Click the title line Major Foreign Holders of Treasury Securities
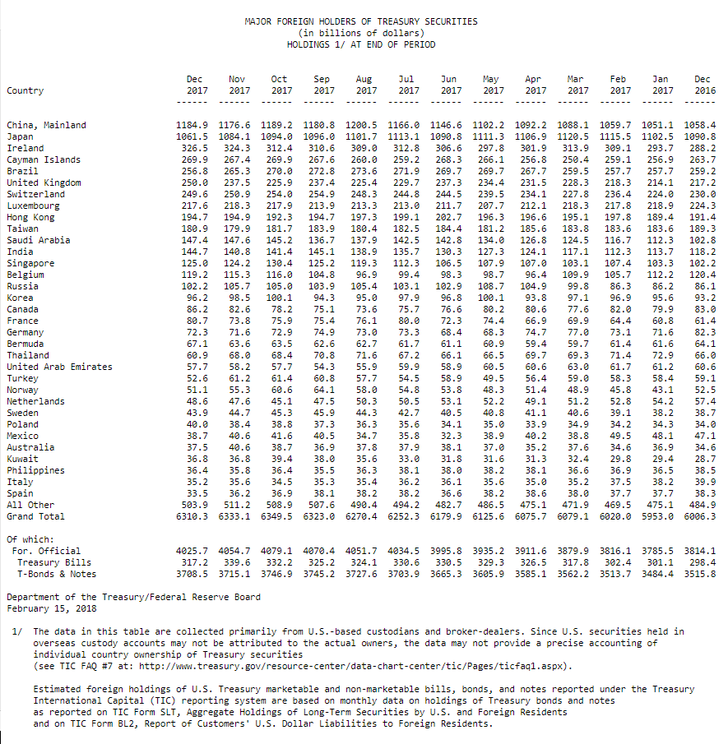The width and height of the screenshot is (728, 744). point(360,21)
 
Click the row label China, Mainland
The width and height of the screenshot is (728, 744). point(46,125)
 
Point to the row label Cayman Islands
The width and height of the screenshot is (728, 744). point(44,159)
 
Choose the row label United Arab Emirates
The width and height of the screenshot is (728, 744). point(59,367)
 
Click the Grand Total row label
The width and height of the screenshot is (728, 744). point(35,516)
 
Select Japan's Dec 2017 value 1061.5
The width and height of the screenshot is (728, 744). point(192,136)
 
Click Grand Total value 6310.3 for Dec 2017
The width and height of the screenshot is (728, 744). point(192,516)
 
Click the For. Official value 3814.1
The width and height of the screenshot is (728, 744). point(699,551)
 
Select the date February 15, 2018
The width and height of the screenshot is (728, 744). point(51,608)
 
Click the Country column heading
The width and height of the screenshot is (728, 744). point(25,90)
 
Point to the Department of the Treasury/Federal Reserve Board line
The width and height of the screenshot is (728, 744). point(133,597)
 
